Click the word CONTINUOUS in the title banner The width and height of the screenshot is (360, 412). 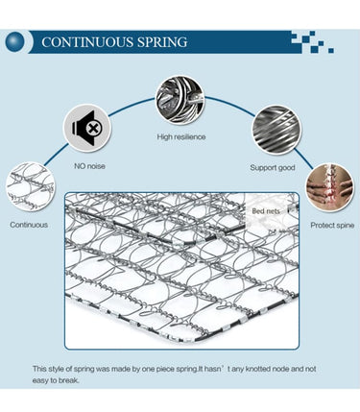(87, 42)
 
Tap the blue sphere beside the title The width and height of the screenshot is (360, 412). (14, 41)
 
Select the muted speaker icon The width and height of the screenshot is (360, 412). (87, 129)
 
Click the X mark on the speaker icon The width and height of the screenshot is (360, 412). (93, 129)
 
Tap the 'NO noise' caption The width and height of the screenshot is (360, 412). (89, 166)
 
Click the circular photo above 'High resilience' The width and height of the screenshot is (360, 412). (180, 100)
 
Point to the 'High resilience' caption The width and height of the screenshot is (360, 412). (181, 137)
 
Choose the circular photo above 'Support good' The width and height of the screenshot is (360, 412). (276, 130)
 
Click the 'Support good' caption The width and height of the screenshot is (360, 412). (273, 167)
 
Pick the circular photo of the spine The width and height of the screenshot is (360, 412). (330, 187)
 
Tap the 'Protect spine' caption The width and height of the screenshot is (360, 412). (332, 226)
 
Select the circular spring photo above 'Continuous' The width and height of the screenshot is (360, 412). (31, 186)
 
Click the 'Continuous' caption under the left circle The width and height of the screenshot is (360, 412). (29, 225)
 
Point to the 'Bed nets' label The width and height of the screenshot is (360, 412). (266, 211)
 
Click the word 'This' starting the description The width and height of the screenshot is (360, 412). (39, 369)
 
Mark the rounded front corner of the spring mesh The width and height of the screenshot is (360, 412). (199, 339)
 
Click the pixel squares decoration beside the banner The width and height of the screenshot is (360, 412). (312, 42)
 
